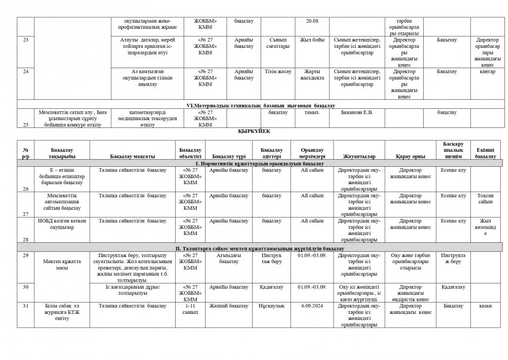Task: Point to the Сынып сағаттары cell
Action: pos(274,43)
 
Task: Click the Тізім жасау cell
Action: pos(274,71)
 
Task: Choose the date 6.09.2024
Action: pos(311,306)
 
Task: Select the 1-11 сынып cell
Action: pos(190,309)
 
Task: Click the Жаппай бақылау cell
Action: pos(232,306)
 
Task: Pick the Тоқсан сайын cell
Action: pos(485,199)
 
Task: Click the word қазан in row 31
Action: pos(485,306)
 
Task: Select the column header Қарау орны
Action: pos(406,156)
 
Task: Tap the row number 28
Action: pos(26,239)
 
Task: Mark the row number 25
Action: pos(26,124)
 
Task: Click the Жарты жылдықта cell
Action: pos(311,74)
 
